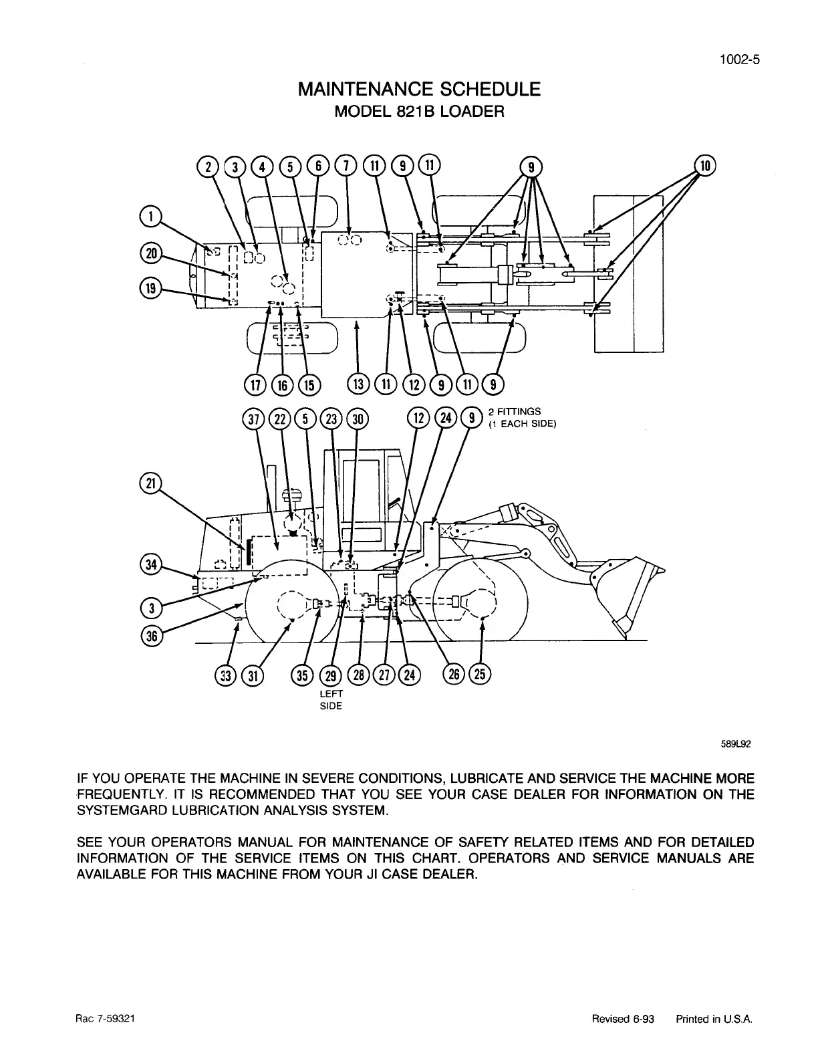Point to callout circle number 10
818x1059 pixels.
click(x=704, y=164)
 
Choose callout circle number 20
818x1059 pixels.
click(x=150, y=253)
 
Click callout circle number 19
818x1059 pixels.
click(x=150, y=287)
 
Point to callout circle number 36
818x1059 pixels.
click(x=150, y=636)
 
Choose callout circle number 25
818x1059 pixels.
click(x=480, y=675)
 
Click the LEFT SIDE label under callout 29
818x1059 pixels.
click(x=332, y=700)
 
